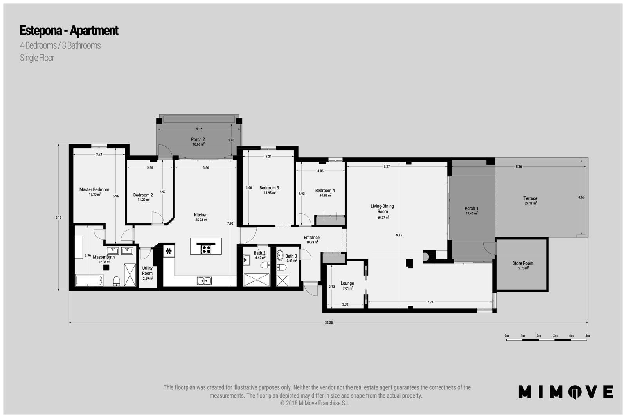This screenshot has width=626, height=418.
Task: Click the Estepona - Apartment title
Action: point(69,31)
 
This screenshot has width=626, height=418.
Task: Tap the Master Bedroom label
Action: point(94,189)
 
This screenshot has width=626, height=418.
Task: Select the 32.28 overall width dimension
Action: point(329,323)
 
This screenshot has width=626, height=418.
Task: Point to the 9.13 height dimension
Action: point(58,218)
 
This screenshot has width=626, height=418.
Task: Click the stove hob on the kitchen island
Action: point(206,249)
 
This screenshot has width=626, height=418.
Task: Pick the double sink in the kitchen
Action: point(204,281)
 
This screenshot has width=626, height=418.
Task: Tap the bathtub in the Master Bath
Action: point(89,280)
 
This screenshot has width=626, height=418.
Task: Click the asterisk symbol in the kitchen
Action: point(169,251)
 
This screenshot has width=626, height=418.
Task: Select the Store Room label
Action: point(523,263)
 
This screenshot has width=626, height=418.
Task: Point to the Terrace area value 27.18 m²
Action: point(531,203)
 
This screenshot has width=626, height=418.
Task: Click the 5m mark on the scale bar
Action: point(587,335)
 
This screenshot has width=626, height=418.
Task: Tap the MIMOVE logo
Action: point(566,392)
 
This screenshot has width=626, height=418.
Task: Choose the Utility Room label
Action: point(147,271)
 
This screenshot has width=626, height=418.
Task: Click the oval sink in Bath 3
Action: point(280,255)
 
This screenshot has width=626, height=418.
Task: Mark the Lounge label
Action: point(347,283)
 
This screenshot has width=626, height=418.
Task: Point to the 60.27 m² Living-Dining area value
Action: point(383,217)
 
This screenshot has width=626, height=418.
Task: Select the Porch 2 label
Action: point(198,139)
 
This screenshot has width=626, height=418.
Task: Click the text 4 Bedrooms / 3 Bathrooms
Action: point(60,45)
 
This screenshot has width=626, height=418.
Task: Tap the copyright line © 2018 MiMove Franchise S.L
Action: point(315,403)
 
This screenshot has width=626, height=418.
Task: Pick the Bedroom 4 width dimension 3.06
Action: point(320,171)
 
